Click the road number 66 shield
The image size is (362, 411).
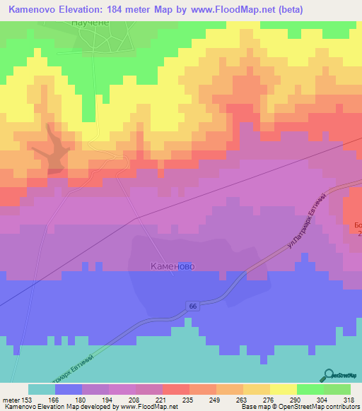tap(193, 305)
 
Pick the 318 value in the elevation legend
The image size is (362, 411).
tap(350, 399)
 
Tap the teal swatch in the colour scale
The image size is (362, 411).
tap(41, 389)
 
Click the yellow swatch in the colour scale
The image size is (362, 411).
tap(283, 389)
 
